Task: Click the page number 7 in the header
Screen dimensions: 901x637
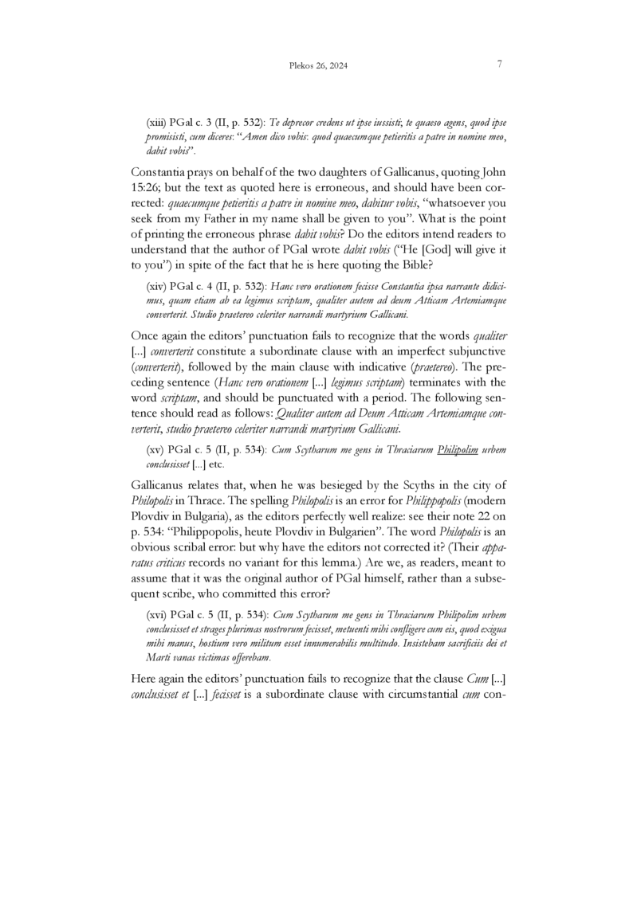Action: [x=499, y=65]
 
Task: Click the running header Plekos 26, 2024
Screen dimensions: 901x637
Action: [x=318, y=66]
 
